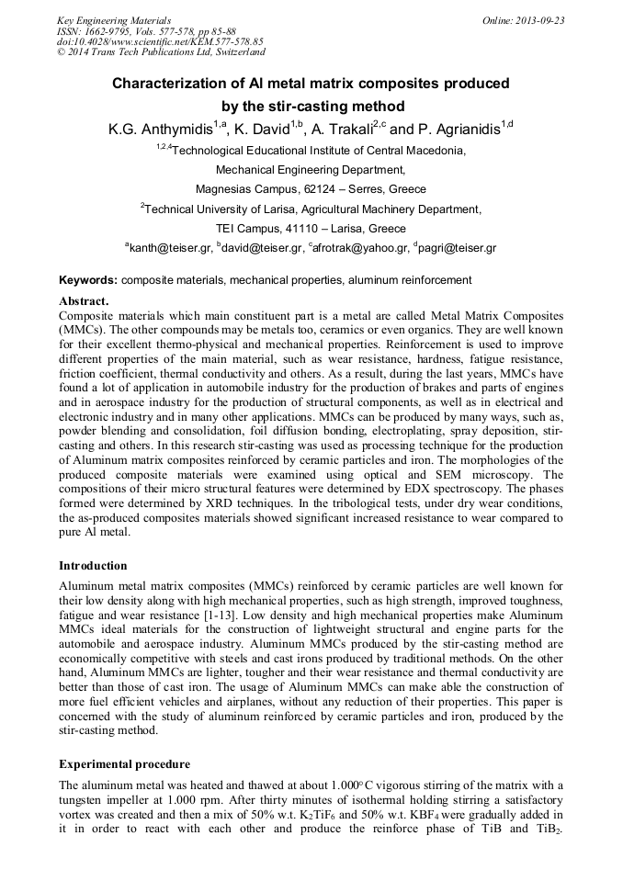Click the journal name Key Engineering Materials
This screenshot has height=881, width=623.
tap(115, 19)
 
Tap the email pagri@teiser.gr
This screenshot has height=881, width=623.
tap(458, 248)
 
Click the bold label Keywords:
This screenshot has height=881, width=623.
tap(88, 280)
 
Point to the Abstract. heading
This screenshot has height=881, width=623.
tap(84, 300)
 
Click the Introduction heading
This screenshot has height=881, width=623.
tap(93, 565)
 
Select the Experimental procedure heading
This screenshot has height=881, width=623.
tap(124, 763)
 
